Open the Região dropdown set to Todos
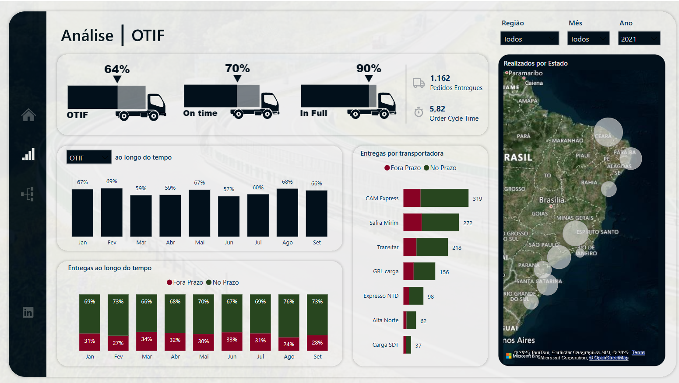click(x=529, y=38)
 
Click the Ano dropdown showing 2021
click(x=639, y=38)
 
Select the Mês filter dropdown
click(x=588, y=38)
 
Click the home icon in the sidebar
click(x=28, y=115)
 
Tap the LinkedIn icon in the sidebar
click(x=28, y=312)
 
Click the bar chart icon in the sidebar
click(x=28, y=154)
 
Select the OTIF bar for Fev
click(x=112, y=212)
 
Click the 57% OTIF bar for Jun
click(x=229, y=216)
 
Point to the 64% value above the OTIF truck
click(x=117, y=69)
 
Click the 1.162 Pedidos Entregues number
click(x=440, y=78)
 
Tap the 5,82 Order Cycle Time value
click(x=437, y=109)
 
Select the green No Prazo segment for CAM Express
click(x=444, y=198)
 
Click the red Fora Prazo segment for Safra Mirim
click(x=412, y=223)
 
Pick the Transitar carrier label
click(x=388, y=247)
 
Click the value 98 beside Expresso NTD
click(x=431, y=296)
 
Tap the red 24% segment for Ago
click(x=289, y=344)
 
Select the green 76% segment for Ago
click(x=289, y=316)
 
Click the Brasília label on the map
click(x=552, y=200)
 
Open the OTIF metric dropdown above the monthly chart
click(x=89, y=157)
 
